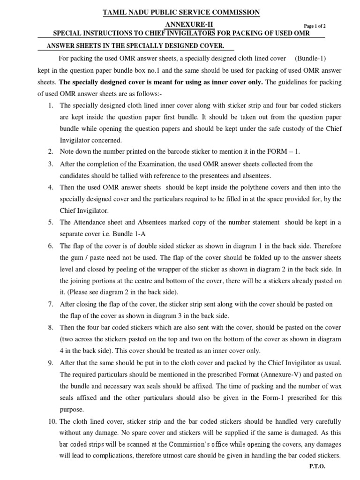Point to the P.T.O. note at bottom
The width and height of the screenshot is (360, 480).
pos(317,466)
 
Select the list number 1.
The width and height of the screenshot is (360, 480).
pos(51,105)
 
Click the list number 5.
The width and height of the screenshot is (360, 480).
pos(51,222)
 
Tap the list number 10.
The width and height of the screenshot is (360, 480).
pos(52,421)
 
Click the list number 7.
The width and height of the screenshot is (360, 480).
pos(51,304)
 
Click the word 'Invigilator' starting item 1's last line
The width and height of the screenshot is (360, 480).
pos(77,140)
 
